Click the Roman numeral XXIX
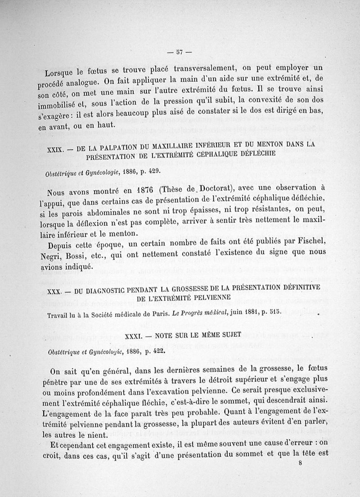[x=56, y=148]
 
